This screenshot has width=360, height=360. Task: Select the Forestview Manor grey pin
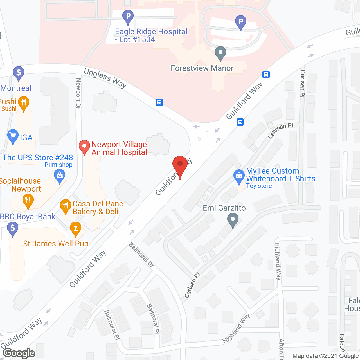coord(220,53)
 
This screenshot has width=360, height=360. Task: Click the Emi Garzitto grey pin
coord(233,220)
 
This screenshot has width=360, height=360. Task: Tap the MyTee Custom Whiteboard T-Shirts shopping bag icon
coord(239,177)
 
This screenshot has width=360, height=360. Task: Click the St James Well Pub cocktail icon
coord(75,228)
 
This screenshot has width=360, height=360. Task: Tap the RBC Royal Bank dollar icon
coord(13,228)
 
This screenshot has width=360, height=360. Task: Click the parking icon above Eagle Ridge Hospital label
coord(128,16)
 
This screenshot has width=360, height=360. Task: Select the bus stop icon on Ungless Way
coord(159,102)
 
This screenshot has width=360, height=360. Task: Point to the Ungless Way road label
coord(105,78)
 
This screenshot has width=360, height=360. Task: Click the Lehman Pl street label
coord(280,131)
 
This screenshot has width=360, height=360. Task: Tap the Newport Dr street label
coord(78,93)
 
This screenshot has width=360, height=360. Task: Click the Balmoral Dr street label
coord(141,255)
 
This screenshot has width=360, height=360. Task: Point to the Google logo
coord(19,353)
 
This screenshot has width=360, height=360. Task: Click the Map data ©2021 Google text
coord(326,356)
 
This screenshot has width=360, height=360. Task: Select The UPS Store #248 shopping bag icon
coord(60,177)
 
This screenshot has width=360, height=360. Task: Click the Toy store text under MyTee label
coord(259,186)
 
